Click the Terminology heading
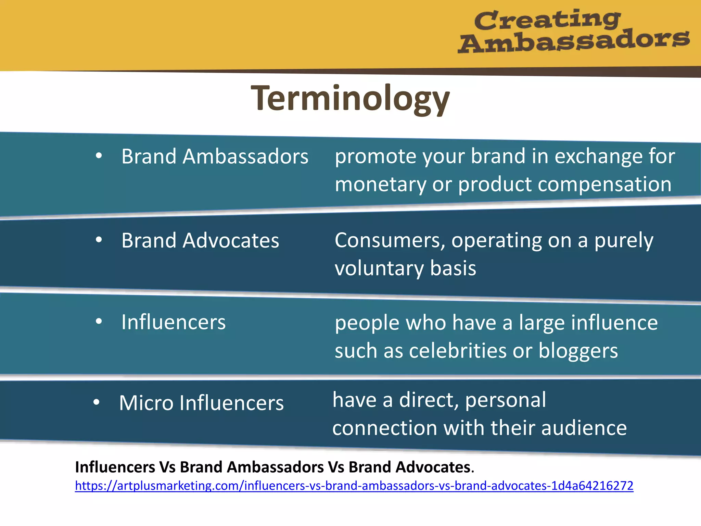tap(350, 99)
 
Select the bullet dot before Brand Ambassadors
tap(99, 156)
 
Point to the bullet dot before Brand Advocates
tap(99, 240)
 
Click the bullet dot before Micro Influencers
tap(97, 402)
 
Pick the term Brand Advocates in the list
tap(200, 240)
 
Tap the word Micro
tap(146, 403)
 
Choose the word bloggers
tap(578, 351)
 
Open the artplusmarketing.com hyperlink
tap(354, 486)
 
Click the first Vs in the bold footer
tap(167, 467)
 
